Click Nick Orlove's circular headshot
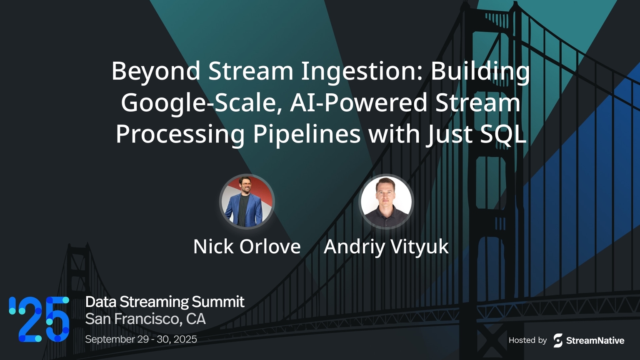point(247,201)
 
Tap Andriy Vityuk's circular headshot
point(386,201)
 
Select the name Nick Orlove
point(247,247)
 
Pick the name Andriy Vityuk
point(386,247)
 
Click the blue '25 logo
point(39,319)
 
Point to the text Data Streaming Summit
point(165,302)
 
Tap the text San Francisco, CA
point(145,319)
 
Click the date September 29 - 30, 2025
point(141,339)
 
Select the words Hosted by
point(527,340)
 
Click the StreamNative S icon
point(558,340)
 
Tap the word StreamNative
point(595,341)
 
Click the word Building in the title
point(480,71)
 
